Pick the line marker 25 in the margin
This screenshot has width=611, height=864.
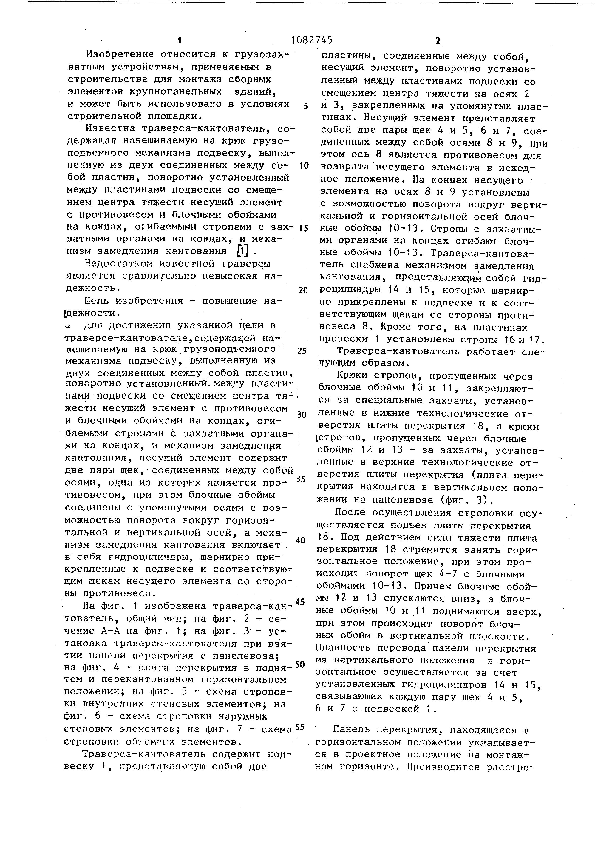(302, 351)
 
